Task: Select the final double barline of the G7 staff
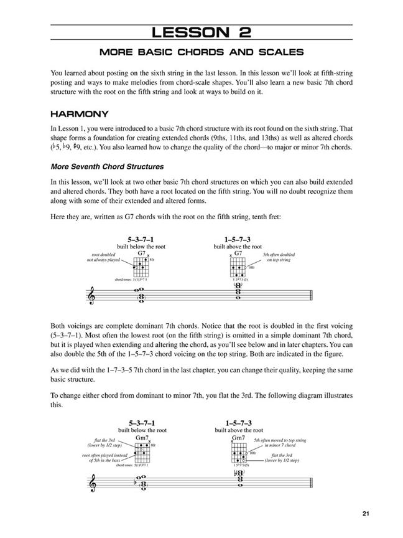click(313, 296)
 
